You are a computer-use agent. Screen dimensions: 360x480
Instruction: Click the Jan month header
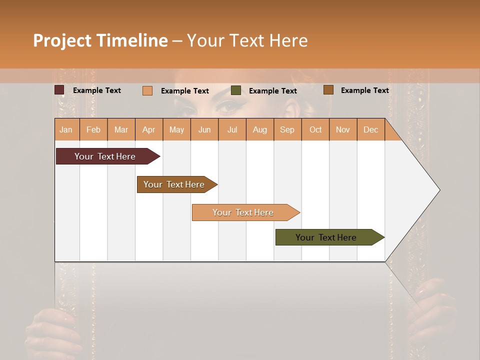(x=66, y=130)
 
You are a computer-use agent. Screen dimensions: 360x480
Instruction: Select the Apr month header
(x=148, y=130)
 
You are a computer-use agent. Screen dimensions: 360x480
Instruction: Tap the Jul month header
(x=232, y=130)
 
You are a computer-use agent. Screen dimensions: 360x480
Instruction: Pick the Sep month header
(x=287, y=130)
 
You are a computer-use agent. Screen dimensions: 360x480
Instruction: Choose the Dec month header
(x=370, y=130)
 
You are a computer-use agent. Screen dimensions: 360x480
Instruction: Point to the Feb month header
(x=93, y=130)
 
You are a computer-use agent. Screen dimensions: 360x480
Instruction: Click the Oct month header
(x=315, y=130)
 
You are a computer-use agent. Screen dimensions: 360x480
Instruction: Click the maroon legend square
(x=59, y=90)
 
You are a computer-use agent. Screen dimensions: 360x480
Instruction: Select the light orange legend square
(x=147, y=90)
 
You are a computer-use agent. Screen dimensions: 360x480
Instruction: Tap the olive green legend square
(x=236, y=90)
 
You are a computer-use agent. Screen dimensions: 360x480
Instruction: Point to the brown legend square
(x=328, y=90)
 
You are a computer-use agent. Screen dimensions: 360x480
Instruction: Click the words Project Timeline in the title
(x=100, y=40)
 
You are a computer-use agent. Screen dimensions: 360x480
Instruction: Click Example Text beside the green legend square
(x=272, y=91)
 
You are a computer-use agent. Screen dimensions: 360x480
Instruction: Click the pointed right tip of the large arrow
(x=438, y=189)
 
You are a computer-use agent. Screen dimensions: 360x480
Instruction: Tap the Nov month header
(x=343, y=130)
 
